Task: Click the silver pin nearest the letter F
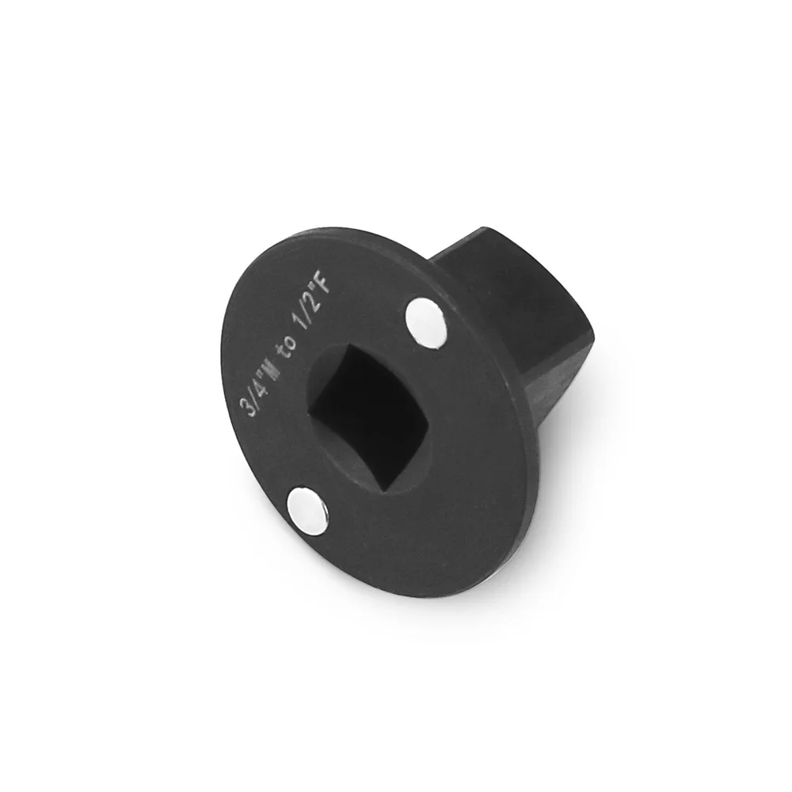(426, 323)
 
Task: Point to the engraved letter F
(322, 286)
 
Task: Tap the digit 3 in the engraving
(249, 404)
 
